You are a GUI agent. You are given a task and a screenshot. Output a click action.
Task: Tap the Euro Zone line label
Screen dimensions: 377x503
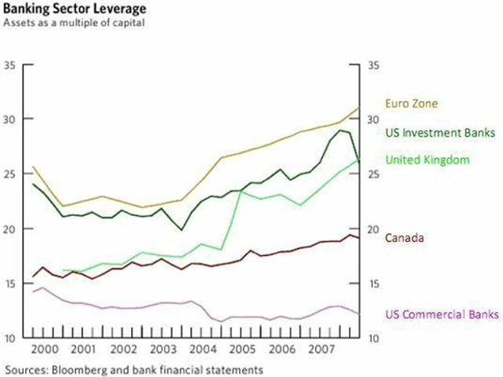pos(410,103)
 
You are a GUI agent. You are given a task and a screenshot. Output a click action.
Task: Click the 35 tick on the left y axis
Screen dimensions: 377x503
pos(10,64)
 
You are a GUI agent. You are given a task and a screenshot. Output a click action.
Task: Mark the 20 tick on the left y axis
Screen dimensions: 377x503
pos(10,229)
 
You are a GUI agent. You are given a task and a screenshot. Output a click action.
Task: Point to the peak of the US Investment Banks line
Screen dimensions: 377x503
pos(340,130)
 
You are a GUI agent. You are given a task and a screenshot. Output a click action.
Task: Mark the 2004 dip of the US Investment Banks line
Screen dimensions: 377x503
pos(182,230)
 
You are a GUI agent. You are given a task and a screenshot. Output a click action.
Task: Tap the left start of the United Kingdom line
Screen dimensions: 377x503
pos(63,271)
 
